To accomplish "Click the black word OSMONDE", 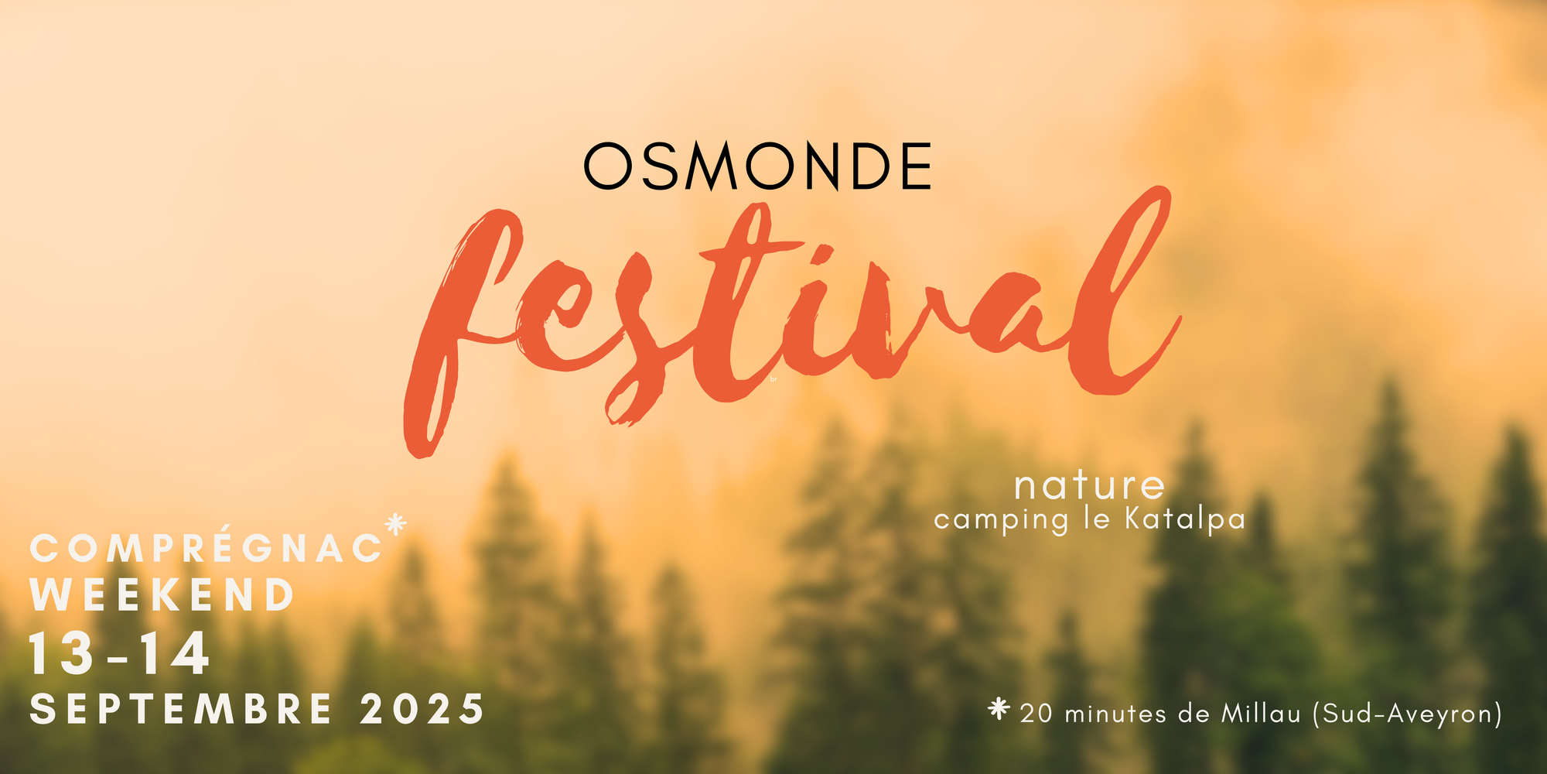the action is pyautogui.click(x=757, y=166).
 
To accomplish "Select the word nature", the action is pyautogui.click(x=1089, y=486).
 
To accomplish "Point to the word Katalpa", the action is pyautogui.click(x=1185, y=519).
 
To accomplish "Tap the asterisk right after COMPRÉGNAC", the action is pyautogui.click(x=395, y=524).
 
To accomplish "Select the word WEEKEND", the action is pyautogui.click(x=162, y=595).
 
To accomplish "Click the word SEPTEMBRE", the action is pyautogui.click(x=181, y=710).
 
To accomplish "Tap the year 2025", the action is pyautogui.click(x=422, y=710).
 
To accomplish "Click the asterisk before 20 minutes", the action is pyautogui.click(x=999, y=708).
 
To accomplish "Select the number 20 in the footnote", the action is pyautogui.click(x=1036, y=714).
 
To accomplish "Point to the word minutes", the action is pyautogui.click(x=1115, y=714).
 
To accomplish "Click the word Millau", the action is pyautogui.click(x=1261, y=713).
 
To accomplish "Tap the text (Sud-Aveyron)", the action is pyautogui.click(x=1407, y=714).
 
